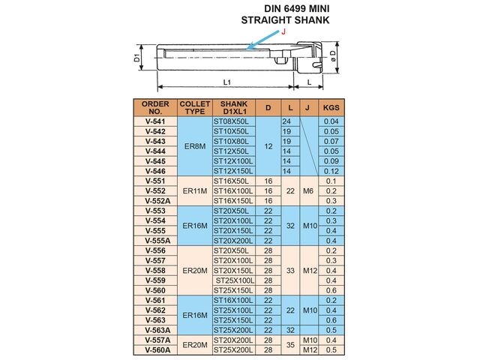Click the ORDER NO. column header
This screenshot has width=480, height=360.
coord(155,106)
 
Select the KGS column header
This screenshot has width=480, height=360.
coord(331,106)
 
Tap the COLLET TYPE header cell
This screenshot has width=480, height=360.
coord(194,106)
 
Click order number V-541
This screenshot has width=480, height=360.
coord(155,121)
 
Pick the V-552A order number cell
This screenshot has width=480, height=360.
coord(155,201)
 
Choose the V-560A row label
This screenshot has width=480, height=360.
coord(155,350)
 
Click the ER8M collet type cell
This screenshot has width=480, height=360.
coord(194,146)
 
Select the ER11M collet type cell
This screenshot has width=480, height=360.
coord(194,191)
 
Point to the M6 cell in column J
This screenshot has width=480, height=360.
coord(308,191)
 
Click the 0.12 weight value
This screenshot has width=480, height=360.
coord(331,171)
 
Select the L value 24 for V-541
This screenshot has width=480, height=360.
coord(286,121)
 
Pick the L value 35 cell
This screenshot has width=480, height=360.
coord(290,345)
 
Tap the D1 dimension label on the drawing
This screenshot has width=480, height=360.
coord(136,57)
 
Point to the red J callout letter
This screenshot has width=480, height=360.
coord(283,32)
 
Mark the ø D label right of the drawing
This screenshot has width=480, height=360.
coord(341,58)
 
